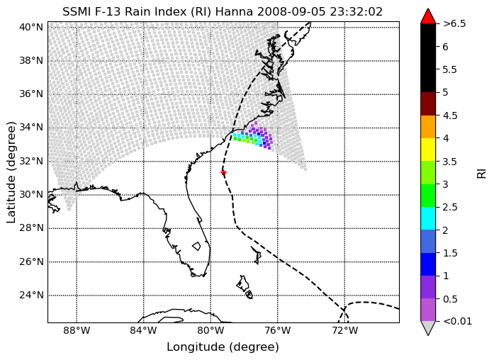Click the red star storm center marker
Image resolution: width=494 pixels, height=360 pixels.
pos(223,173)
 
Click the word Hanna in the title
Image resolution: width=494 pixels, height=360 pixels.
pos(235,11)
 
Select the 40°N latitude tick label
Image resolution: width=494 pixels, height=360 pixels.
pos(31,28)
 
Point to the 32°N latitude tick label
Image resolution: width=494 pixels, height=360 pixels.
pos(31,162)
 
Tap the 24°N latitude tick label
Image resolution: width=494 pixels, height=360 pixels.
pos(31,295)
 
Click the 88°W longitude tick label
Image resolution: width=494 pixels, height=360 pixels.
pos(77,331)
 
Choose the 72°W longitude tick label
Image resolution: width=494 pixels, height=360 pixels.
pos(344,331)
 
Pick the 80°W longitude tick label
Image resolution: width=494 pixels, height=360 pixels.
pos(210,331)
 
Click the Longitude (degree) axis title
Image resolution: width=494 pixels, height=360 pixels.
pos(223,347)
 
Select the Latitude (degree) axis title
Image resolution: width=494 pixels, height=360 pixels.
pos(11,172)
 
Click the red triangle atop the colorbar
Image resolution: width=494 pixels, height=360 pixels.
pos(428,16)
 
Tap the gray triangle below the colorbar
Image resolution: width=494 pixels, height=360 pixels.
pos(428,328)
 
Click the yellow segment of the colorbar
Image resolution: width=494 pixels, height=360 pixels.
pos(428,150)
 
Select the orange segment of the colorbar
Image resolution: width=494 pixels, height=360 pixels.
pos(428,127)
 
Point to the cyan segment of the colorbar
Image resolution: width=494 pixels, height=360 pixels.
pos(428,218)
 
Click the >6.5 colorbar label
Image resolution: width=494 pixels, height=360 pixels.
pos(454,23)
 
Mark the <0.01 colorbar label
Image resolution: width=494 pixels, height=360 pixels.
pos(457,321)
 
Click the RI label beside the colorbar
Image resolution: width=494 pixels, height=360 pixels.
pos(482,173)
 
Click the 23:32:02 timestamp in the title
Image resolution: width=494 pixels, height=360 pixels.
pos(357,11)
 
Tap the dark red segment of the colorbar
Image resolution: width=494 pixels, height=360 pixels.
pos(428,103)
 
